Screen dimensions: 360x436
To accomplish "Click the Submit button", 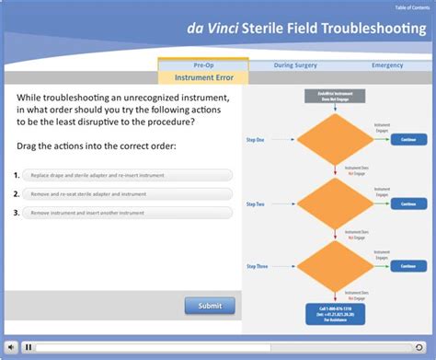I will (210, 306).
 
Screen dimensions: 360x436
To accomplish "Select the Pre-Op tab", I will (203, 65).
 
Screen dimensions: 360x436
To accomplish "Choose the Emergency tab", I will (387, 65).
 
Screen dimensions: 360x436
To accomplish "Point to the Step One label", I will (256, 139).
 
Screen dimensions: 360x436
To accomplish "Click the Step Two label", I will (256, 203).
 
